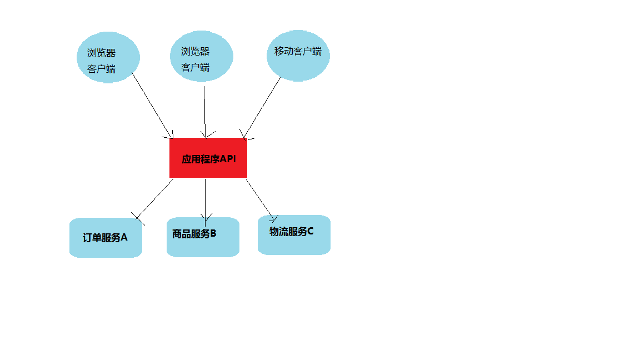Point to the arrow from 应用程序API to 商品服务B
click(x=205, y=197)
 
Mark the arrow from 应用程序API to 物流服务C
click(x=260, y=198)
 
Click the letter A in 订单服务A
click(x=124, y=238)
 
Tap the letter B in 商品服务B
click(x=213, y=234)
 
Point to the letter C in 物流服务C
click(x=310, y=232)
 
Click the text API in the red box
click(x=228, y=159)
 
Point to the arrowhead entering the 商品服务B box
click(x=206, y=218)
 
